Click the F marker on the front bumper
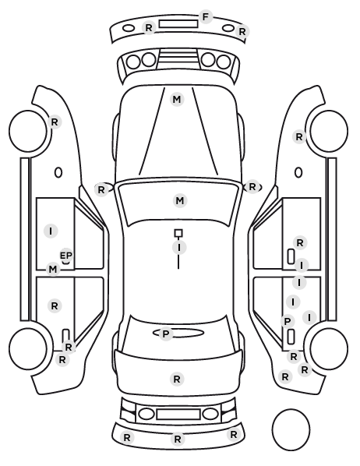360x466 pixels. point(206,17)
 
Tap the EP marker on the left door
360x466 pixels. point(66,256)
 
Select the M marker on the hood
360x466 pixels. point(177,99)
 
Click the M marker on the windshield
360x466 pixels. point(180,201)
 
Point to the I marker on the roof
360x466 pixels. point(179,247)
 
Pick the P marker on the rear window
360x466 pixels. point(166,334)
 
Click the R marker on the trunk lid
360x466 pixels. point(177,380)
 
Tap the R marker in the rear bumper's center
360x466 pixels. point(178,439)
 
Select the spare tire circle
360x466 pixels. point(291,429)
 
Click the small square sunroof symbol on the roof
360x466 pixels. point(178,233)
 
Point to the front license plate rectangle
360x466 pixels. point(178,24)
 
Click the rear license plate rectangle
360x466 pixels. point(178,415)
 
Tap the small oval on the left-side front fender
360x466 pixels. point(58,172)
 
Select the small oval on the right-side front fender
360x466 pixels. point(298,172)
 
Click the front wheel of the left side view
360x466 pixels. point(28,131)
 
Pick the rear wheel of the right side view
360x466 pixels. point(329,348)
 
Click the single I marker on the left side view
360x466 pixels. point(51,231)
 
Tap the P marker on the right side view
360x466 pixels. point(288,321)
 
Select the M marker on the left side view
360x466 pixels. point(53,270)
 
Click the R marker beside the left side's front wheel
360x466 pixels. point(55,122)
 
